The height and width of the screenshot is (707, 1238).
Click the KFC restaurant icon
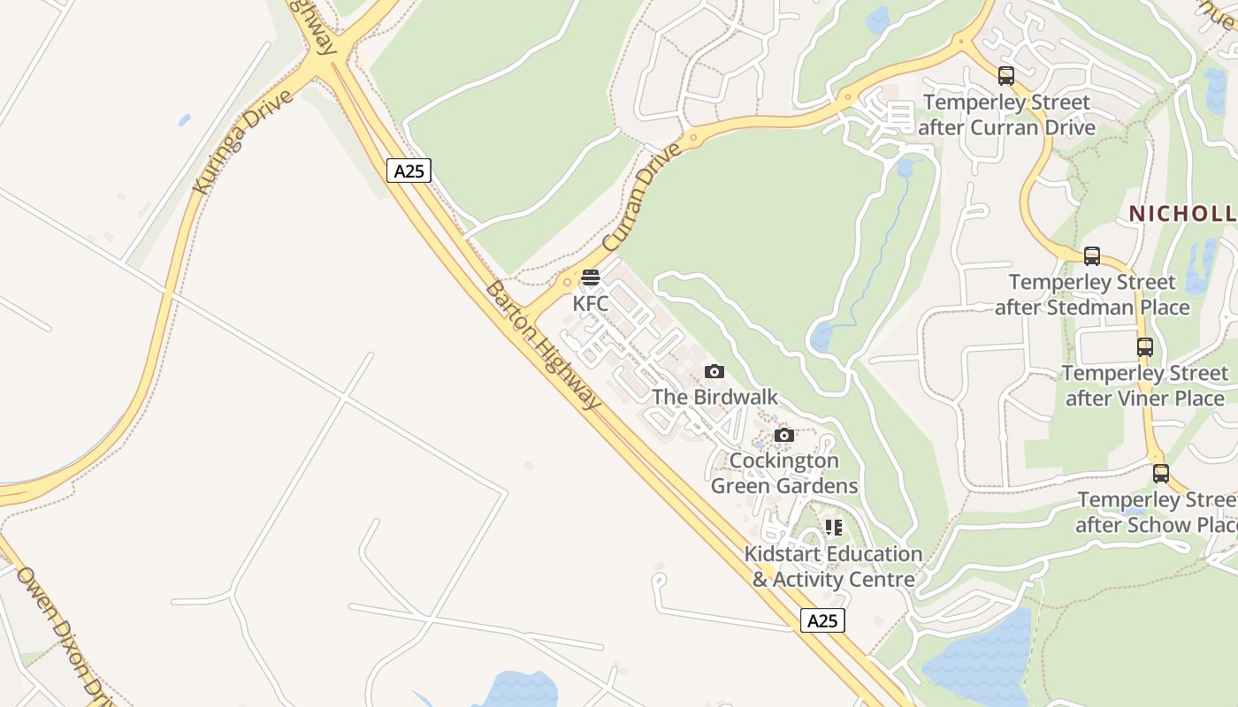591,277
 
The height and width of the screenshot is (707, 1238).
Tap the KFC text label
591,304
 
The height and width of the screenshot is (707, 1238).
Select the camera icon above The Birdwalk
715,372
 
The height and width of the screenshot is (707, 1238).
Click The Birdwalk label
715,397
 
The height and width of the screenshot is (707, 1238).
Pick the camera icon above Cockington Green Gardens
783,435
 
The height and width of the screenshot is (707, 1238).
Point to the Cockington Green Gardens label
784,474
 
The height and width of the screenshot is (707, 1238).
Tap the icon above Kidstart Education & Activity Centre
833,528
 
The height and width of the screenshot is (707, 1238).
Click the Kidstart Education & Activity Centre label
833,566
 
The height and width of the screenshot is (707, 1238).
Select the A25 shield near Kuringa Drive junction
409,171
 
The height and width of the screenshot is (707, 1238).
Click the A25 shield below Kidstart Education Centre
822,620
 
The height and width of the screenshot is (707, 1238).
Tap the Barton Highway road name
543,345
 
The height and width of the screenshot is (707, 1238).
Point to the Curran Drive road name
642,195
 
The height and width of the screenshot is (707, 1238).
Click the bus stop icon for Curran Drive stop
1005,76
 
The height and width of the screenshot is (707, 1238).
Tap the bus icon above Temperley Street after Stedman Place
1092,256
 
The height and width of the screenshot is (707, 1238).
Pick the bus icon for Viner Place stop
1145,347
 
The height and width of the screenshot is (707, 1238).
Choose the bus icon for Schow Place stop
1161,474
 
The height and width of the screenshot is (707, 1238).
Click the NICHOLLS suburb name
1182,214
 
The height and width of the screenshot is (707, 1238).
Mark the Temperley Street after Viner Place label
1145,386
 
